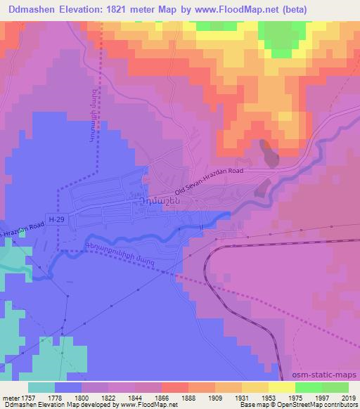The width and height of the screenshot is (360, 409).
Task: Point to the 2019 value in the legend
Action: tap(349, 397)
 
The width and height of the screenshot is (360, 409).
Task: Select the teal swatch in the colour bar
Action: tap(41, 387)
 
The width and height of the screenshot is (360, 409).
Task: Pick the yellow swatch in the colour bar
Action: tap(281, 387)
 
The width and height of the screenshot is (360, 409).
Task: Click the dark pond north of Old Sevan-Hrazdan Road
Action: tap(269, 152)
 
